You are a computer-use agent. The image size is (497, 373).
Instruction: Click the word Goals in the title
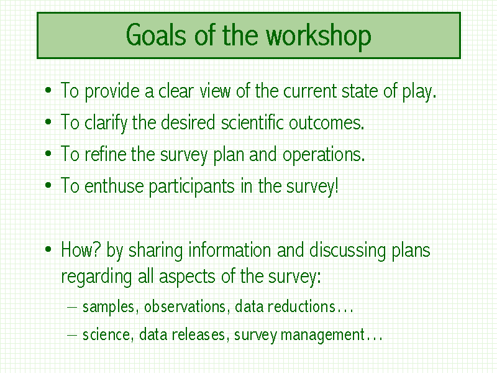coord(156,34)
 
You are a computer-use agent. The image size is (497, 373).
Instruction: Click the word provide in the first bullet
coord(112,92)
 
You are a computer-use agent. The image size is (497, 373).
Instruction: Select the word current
coord(310,91)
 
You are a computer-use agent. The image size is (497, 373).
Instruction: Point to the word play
coord(419,92)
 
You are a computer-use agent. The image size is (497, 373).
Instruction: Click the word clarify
coord(106,123)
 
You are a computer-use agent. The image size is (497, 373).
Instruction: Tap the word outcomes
coord(326,123)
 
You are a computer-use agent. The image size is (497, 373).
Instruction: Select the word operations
coord(324,155)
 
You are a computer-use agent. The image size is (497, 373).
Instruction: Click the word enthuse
coord(114,185)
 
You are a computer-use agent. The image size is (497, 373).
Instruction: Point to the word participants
coord(191,186)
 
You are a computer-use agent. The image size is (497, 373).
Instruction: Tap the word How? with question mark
coord(81,250)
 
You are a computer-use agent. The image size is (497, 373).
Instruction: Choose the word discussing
coord(347,251)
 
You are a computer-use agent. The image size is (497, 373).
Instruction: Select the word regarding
coord(96,277)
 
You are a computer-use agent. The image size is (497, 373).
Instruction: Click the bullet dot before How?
coord(48,249)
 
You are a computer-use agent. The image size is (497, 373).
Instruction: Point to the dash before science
coord(72,334)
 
